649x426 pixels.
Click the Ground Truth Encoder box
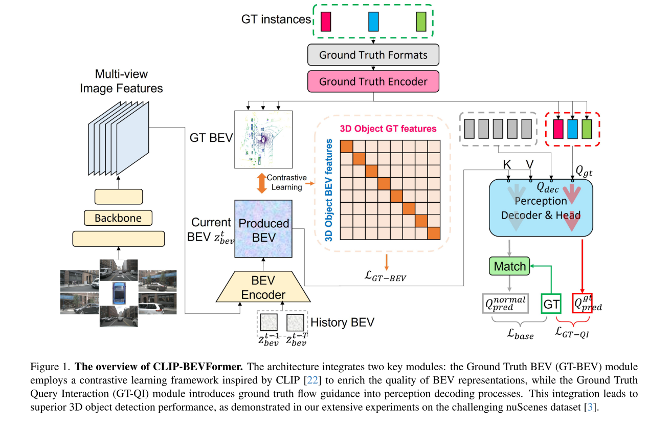click(373, 81)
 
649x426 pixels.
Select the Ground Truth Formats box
click(373, 55)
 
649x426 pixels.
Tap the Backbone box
click(118, 218)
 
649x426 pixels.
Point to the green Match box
click(509, 266)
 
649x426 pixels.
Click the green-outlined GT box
click(551, 303)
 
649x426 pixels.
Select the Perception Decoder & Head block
click(541, 207)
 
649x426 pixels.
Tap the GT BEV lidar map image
click(263, 139)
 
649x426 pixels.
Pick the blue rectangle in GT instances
click(373, 22)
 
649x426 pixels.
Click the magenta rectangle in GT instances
click(326, 22)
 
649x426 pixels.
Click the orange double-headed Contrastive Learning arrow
click(261, 183)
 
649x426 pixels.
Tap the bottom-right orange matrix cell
click(433, 233)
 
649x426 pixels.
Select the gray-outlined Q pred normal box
click(505, 303)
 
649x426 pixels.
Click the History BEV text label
click(342, 323)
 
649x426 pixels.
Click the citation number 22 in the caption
click(313, 380)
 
